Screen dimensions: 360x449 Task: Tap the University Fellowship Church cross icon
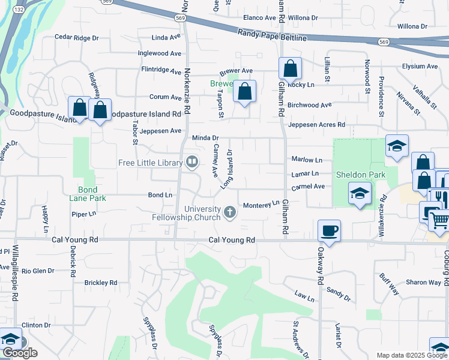click(229, 211)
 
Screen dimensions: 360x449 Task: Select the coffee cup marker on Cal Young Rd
click(330, 230)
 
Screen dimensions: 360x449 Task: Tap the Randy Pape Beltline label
click(272, 35)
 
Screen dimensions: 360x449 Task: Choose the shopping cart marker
click(439, 220)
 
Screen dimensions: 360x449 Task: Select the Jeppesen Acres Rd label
click(317, 125)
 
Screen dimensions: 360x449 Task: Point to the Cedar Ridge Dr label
click(76, 37)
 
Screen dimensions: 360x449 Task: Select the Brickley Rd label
click(101, 282)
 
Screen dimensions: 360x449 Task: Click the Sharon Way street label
click(424, 282)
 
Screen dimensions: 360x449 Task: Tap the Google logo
click(20, 353)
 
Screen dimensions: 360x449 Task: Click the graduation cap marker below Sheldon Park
click(360, 194)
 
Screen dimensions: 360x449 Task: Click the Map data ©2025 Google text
click(411, 355)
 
